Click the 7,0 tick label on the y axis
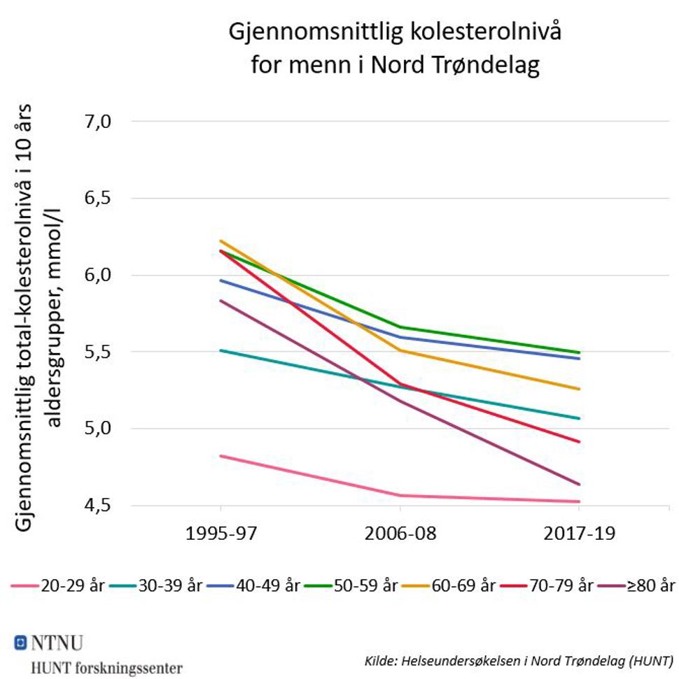(x=99, y=121)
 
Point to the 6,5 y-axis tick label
(x=99, y=198)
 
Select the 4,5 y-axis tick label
(x=99, y=505)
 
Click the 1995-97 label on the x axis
(x=221, y=535)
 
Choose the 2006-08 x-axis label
(x=400, y=535)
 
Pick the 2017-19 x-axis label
(x=580, y=535)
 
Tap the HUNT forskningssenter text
(x=106, y=666)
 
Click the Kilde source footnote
(x=519, y=660)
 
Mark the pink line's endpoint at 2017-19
(x=580, y=501)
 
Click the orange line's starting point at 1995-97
(x=221, y=241)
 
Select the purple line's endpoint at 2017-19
(x=580, y=484)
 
